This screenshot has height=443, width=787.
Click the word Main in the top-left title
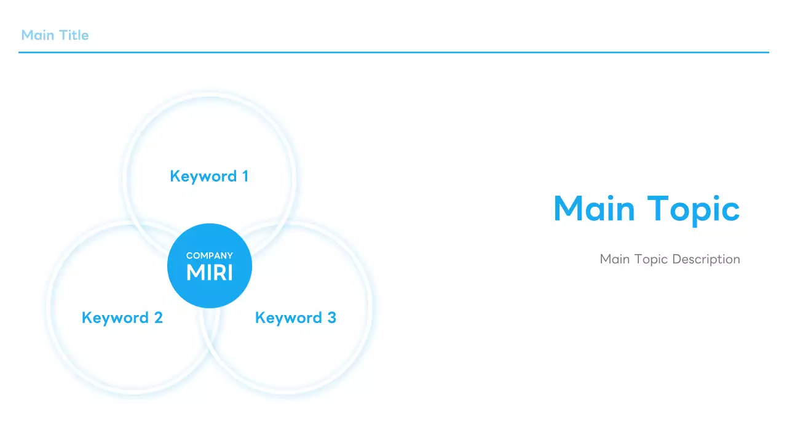pos(37,35)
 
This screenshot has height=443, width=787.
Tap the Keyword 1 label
pos(209,177)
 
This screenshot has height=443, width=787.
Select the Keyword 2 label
pos(122,318)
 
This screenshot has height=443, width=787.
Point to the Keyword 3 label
pos(295,318)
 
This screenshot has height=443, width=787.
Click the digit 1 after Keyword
pos(245,177)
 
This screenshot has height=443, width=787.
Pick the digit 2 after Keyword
pos(158,318)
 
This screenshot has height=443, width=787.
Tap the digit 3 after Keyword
pos(331,318)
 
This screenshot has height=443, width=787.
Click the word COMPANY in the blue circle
pos(210,255)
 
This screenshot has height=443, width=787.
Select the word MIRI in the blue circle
pos(210,273)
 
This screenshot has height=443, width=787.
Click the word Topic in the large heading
pos(693,209)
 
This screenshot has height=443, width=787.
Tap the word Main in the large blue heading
pos(594,209)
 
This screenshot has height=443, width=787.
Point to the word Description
pos(706,259)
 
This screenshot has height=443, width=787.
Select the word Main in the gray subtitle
pos(614,259)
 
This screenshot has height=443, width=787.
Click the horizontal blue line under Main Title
pos(393,52)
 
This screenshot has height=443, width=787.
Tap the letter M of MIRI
pos(195,273)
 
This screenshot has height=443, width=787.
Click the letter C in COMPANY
pos(189,255)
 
